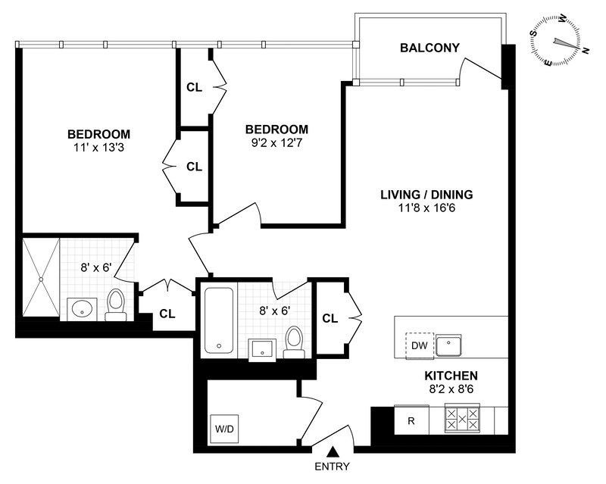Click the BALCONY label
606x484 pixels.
point(430,48)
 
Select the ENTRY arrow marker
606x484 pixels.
point(331,454)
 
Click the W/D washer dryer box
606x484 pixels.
point(225,429)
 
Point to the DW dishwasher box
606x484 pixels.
point(419,345)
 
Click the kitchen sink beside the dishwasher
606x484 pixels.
point(452,345)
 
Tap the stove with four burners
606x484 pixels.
point(463,420)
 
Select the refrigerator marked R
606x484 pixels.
point(411,420)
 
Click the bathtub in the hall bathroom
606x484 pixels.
point(219,319)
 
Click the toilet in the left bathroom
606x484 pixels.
point(116,304)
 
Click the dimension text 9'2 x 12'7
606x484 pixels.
point(275,142)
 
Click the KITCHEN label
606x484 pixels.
point(450,376)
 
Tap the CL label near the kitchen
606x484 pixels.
point(330,318)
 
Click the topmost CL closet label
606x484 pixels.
point(194,87)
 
